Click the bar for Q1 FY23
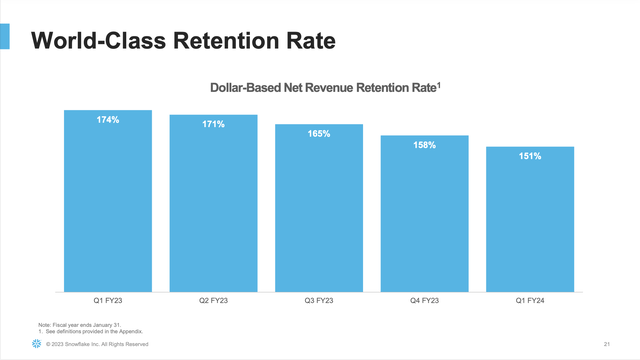108,200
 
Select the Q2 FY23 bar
213,205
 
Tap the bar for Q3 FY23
319,210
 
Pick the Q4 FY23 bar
424,215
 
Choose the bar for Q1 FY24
530,220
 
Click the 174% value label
108,120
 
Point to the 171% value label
213,125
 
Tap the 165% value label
319,134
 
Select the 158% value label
424,145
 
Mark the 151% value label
530,156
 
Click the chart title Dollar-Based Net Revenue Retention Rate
324,89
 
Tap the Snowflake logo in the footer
36,344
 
